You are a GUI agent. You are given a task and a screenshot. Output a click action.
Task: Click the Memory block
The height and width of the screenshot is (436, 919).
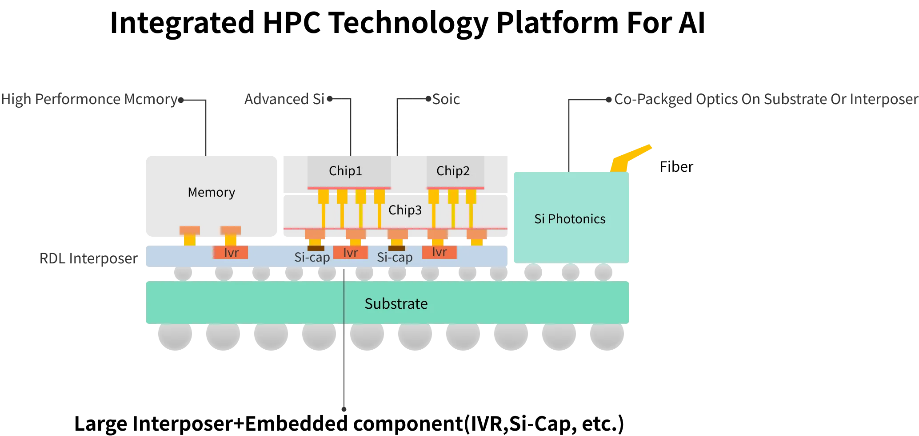pos(212,196)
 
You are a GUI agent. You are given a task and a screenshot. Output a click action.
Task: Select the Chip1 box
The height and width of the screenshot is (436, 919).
pos(349,171)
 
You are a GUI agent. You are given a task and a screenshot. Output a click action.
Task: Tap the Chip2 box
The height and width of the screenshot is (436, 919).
pos(456,171)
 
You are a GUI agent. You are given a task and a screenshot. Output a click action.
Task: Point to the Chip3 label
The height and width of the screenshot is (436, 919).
pos(405,210)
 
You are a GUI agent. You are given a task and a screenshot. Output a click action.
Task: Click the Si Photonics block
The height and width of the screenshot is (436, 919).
pos(571,218)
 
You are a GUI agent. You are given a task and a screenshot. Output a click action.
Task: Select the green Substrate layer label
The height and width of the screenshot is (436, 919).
pos(396,303)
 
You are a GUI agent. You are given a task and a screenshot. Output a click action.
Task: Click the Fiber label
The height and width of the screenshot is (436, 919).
pos(676,167)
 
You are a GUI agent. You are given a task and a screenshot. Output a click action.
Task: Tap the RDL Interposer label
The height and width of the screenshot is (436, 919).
pos(88,258)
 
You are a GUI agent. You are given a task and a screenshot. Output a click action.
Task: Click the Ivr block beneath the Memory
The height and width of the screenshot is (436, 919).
pos(231,252)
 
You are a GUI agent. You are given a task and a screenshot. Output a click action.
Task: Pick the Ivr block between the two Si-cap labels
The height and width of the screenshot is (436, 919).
pos(351,252)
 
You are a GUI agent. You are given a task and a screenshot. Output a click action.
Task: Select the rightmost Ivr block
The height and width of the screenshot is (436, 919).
pos(440,252)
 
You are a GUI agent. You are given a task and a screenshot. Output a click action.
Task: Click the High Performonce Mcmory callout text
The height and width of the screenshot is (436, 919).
pos(89,99)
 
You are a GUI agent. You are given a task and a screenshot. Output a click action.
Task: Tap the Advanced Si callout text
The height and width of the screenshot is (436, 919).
pos(284,99)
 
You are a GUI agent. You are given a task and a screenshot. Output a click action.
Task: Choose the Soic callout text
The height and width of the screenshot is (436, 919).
pos(446,99)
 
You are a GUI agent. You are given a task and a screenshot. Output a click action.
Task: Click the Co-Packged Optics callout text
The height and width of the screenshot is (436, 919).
pos(766,99)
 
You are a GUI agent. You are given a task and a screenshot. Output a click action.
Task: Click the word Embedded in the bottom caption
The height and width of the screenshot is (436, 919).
pos(296,423)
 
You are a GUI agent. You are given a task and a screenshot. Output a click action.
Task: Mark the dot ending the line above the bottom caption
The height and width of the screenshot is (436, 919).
pos(344,409)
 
